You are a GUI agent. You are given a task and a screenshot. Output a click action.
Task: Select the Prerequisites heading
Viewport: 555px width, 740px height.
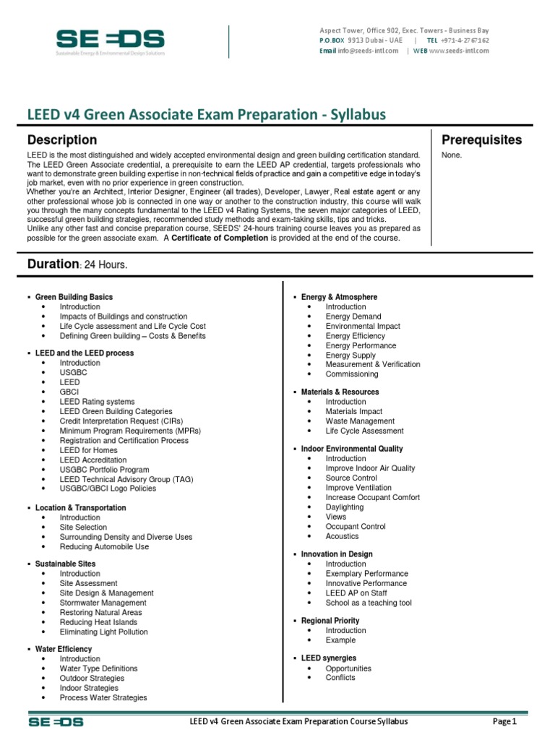coord(481,139)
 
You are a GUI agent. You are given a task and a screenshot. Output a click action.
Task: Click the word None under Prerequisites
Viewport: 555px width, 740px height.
coord(451,155)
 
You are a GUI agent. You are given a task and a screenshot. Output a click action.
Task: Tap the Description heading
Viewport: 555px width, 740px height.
coord(62,139)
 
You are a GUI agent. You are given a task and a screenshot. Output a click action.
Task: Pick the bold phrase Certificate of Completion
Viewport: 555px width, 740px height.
coord(220,238)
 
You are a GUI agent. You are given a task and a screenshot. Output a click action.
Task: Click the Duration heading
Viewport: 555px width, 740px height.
coord(53,264)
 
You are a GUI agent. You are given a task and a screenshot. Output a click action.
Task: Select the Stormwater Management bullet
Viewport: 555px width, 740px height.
coord(103,603)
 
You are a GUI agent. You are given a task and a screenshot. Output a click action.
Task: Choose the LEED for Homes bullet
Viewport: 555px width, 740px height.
coord(88,450)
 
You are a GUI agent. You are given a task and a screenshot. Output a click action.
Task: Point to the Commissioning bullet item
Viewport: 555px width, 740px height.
coord(351,374)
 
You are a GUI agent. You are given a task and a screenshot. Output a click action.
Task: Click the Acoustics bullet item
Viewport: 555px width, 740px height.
coord(342,536)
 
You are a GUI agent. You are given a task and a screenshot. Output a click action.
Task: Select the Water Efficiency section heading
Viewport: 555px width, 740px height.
coord(64,649)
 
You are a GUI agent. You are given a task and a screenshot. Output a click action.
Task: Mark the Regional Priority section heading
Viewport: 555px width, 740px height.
coord(330,621)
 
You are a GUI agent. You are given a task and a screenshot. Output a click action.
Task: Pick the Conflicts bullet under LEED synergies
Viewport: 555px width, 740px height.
coord(340,678)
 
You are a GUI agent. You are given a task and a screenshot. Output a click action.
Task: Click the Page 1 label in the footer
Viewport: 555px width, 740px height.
coord(504,721)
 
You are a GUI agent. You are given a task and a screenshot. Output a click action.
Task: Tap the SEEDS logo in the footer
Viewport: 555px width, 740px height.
coord(56,721)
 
